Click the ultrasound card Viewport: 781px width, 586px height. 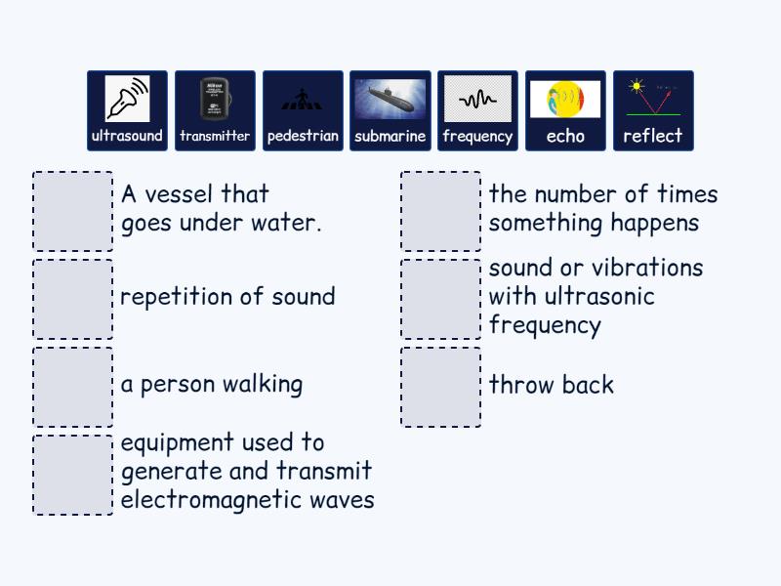[x=127, y=110]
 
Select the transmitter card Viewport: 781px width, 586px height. [x=215, y=110]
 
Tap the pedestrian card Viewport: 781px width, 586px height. [x=303, y=110]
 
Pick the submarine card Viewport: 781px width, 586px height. [x=390, y=110]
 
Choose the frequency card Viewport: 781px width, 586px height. [x=477, y=110]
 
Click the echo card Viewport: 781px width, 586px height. [x=565, y=110]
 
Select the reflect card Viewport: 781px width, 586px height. [x=653, y=110]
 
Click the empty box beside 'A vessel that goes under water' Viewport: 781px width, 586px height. [x=73, y=212]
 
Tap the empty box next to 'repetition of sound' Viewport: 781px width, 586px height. [x=73, y=299]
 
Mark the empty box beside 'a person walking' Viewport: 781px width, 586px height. [x=73, y=387]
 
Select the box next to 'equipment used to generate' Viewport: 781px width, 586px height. [x=73, y=475]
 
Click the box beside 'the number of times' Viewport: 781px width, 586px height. [x=440, y=212]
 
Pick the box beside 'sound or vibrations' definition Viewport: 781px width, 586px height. [x=440, y=299]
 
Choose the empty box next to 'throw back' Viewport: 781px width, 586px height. [x=440, y=387]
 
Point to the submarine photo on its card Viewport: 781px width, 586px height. [x=390, y=99]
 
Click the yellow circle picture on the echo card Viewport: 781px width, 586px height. [x=565, y=99]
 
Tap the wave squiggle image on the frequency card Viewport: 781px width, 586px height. [x=477, y=99]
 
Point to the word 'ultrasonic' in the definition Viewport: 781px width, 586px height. [x=596, y=296]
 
